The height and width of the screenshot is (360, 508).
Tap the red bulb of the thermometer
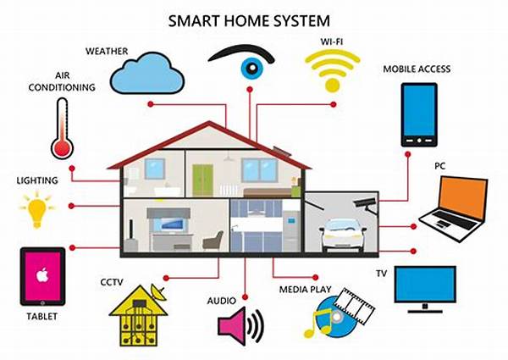coord(63,149)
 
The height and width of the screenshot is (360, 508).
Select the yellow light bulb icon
coord(37,210)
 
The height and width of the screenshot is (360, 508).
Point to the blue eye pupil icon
coord(252,68)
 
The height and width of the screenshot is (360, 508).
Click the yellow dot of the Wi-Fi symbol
coord(333,85)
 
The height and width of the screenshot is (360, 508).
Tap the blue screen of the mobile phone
coord(419,110)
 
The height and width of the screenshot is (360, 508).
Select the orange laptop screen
coord(464,197)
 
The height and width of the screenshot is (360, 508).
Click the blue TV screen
coord(425,284)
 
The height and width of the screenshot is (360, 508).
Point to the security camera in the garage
coord(366,205)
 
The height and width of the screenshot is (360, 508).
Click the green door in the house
coord(202,180)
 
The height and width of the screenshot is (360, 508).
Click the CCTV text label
coord(112,282)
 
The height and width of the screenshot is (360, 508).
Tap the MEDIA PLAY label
coord(305,290)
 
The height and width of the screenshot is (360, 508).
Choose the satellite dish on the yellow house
coord(158,291)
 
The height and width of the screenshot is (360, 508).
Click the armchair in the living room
coord(213,241)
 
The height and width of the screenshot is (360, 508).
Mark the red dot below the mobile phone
coord(408,154)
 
